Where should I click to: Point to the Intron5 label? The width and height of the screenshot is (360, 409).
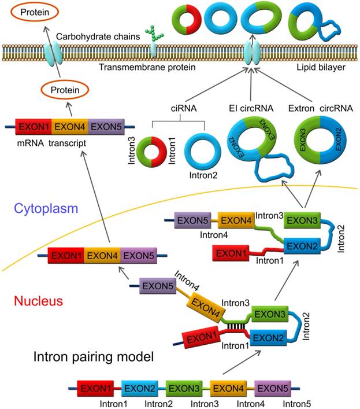pos(296,402)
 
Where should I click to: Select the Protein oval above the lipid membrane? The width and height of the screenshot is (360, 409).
pos(28,12)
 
